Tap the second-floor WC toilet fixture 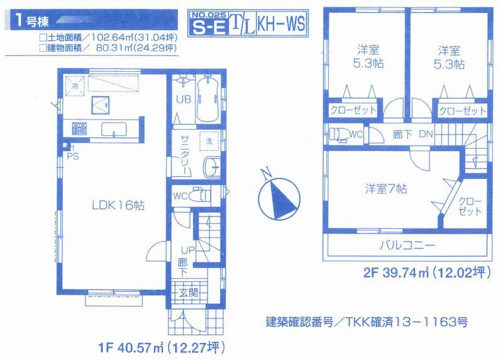[338, 133]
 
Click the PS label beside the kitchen [74, 157]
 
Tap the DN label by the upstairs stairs [425, 133]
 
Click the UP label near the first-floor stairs [182, 250]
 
